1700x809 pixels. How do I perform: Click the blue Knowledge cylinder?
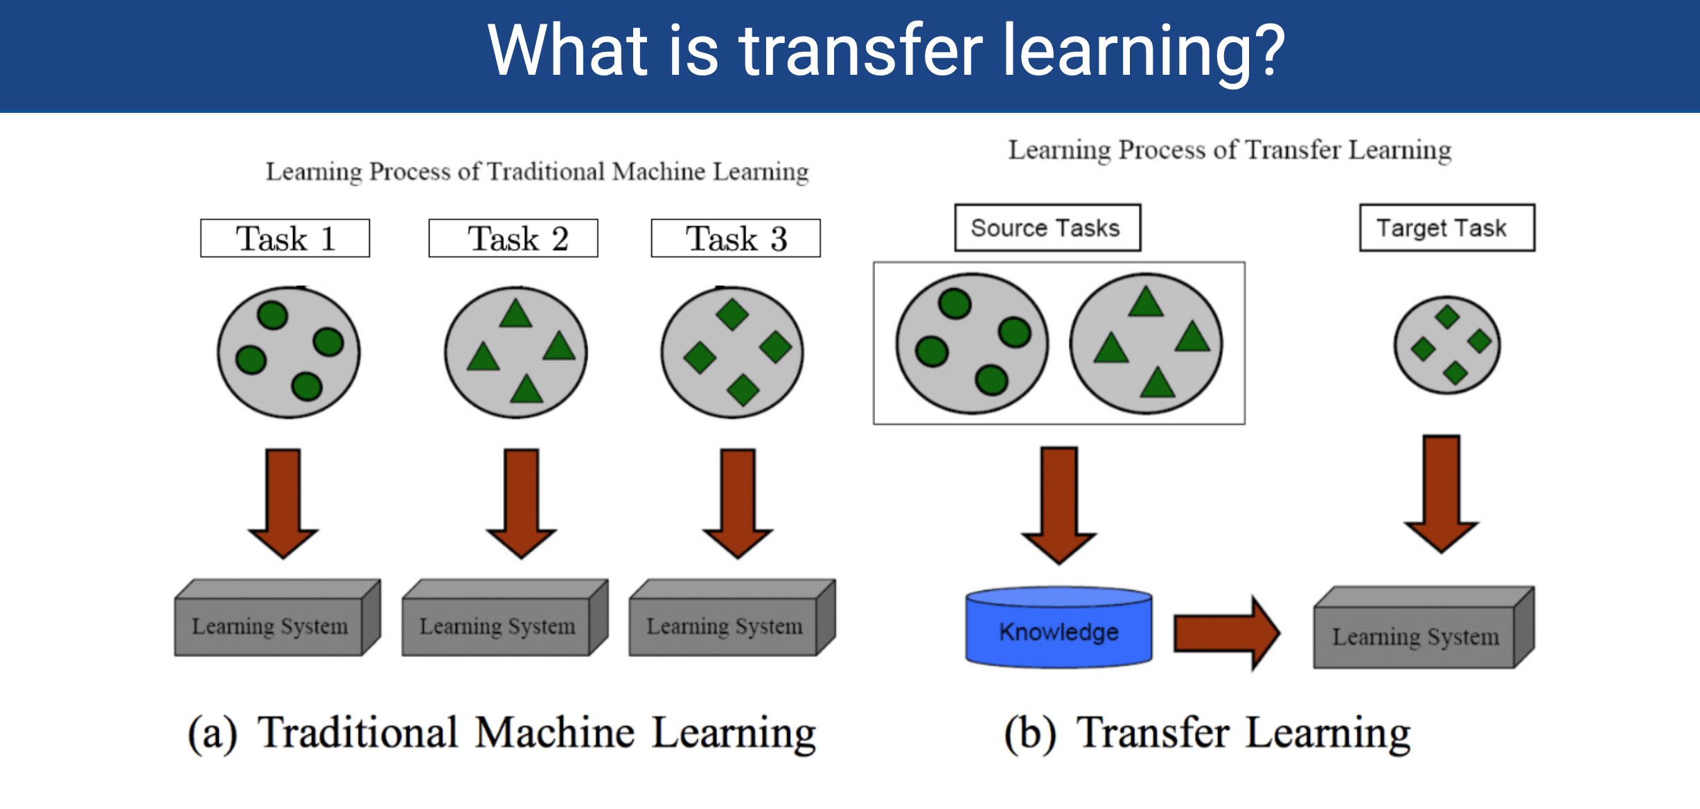1059,628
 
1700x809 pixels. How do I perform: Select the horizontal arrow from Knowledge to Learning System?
1227,633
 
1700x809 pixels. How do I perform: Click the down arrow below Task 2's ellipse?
521,504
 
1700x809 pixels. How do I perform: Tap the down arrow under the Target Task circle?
1442,494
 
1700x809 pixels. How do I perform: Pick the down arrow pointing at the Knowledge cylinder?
1059,506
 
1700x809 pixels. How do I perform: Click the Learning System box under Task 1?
278,618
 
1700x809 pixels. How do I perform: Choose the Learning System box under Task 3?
732,618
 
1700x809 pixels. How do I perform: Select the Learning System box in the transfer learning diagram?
1424,628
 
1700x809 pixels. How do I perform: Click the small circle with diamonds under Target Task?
1447,345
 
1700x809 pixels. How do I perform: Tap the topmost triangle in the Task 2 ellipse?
516,314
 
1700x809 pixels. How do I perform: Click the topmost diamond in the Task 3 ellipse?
732,314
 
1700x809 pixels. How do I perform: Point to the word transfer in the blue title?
860,50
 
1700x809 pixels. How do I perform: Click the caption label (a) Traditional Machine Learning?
502,734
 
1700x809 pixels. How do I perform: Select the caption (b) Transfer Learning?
1207,734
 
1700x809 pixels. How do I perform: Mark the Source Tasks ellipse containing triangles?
1146,344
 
